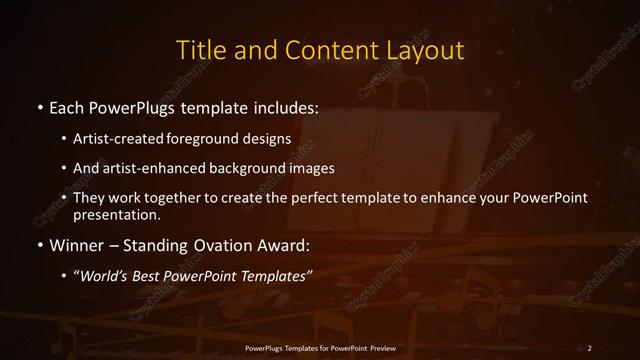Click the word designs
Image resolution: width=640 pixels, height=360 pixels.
click(268, 138)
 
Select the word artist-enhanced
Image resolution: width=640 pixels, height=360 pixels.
click(154, 168)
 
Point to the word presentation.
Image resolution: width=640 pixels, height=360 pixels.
click(116, 214)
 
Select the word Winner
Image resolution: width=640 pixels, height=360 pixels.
click(76, 245)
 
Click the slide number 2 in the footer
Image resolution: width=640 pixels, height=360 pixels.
click(590, 347)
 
